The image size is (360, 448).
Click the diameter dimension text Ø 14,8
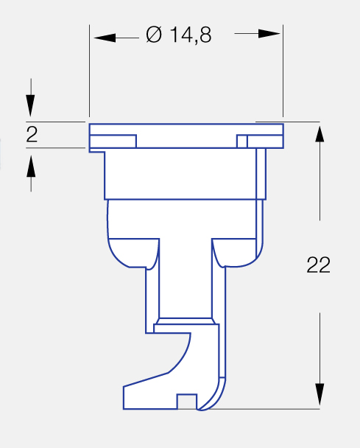pos(179,35)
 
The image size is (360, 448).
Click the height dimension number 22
pos(318,265)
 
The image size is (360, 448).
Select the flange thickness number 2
pos(32,135)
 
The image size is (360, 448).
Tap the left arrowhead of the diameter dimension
pos(105,38)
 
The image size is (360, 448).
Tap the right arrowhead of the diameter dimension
pos(269,33)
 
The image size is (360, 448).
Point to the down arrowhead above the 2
pos(30,105)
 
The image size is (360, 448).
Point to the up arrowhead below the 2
pos(31,167)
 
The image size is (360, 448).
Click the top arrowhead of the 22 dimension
pos(320,133)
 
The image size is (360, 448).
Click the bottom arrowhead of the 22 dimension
pos(320,394)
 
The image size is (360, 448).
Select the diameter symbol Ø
pos(154,35)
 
